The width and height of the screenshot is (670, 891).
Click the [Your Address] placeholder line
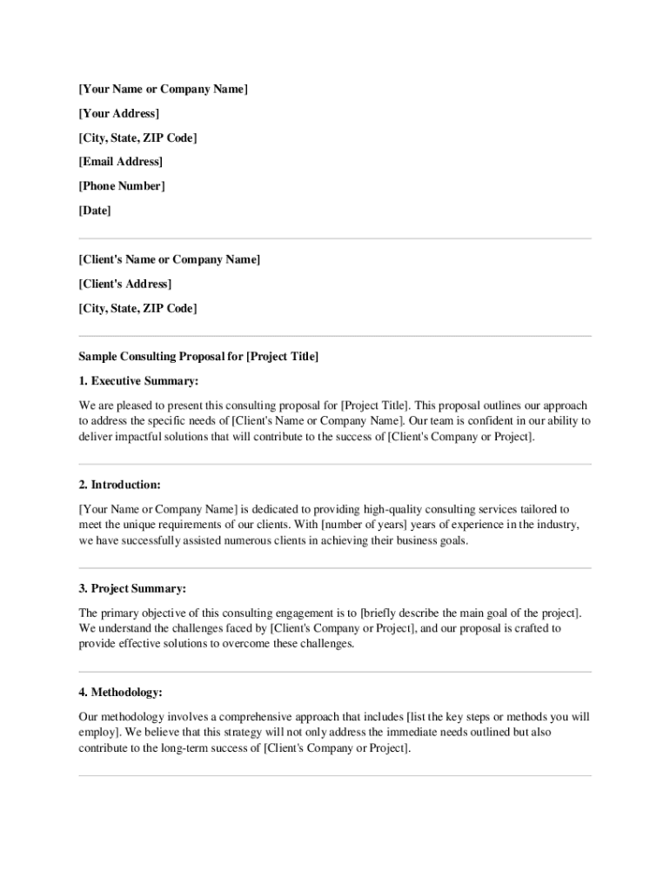tap(119, 113)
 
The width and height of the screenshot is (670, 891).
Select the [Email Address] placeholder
tap(121, 162)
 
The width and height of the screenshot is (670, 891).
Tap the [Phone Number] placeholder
tap(122, 186)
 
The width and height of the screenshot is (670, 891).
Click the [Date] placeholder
tap(95, 211)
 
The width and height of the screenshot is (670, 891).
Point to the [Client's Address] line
tap(125, 284)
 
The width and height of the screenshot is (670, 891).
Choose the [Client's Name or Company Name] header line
tap(170, 259)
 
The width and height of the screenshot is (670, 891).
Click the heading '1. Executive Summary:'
tap(139, 381)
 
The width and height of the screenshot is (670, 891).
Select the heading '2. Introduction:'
tap(120, 485)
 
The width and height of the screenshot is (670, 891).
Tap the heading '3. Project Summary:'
tap(132, 588)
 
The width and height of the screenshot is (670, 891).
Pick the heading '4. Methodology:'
tap(121, 693)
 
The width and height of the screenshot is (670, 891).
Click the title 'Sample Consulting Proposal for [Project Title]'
tap(199, 357)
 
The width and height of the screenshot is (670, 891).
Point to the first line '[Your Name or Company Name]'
tap(164, 89)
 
